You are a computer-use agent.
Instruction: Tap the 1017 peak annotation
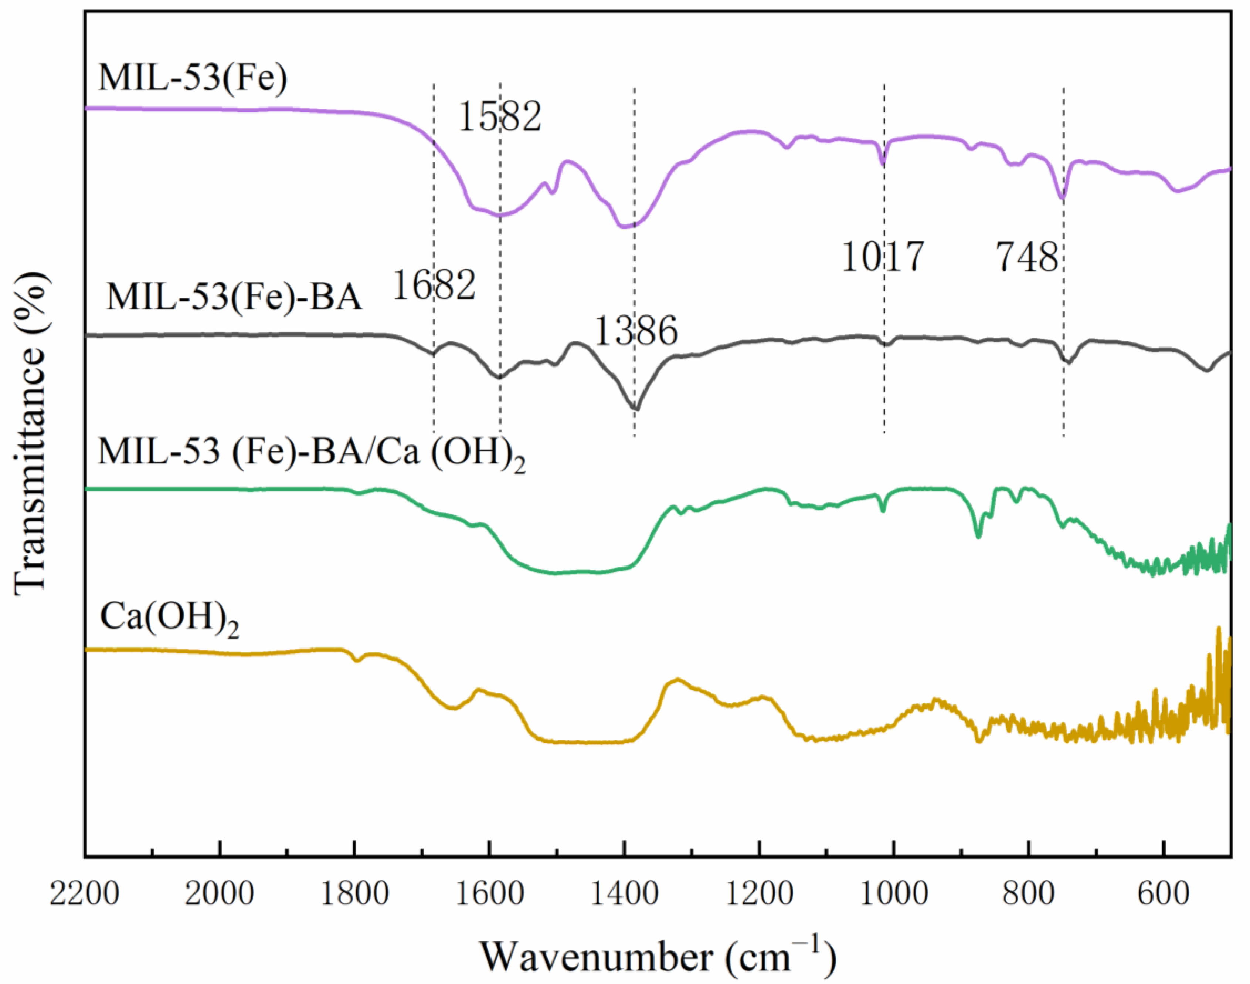click(x=883, y=257)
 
